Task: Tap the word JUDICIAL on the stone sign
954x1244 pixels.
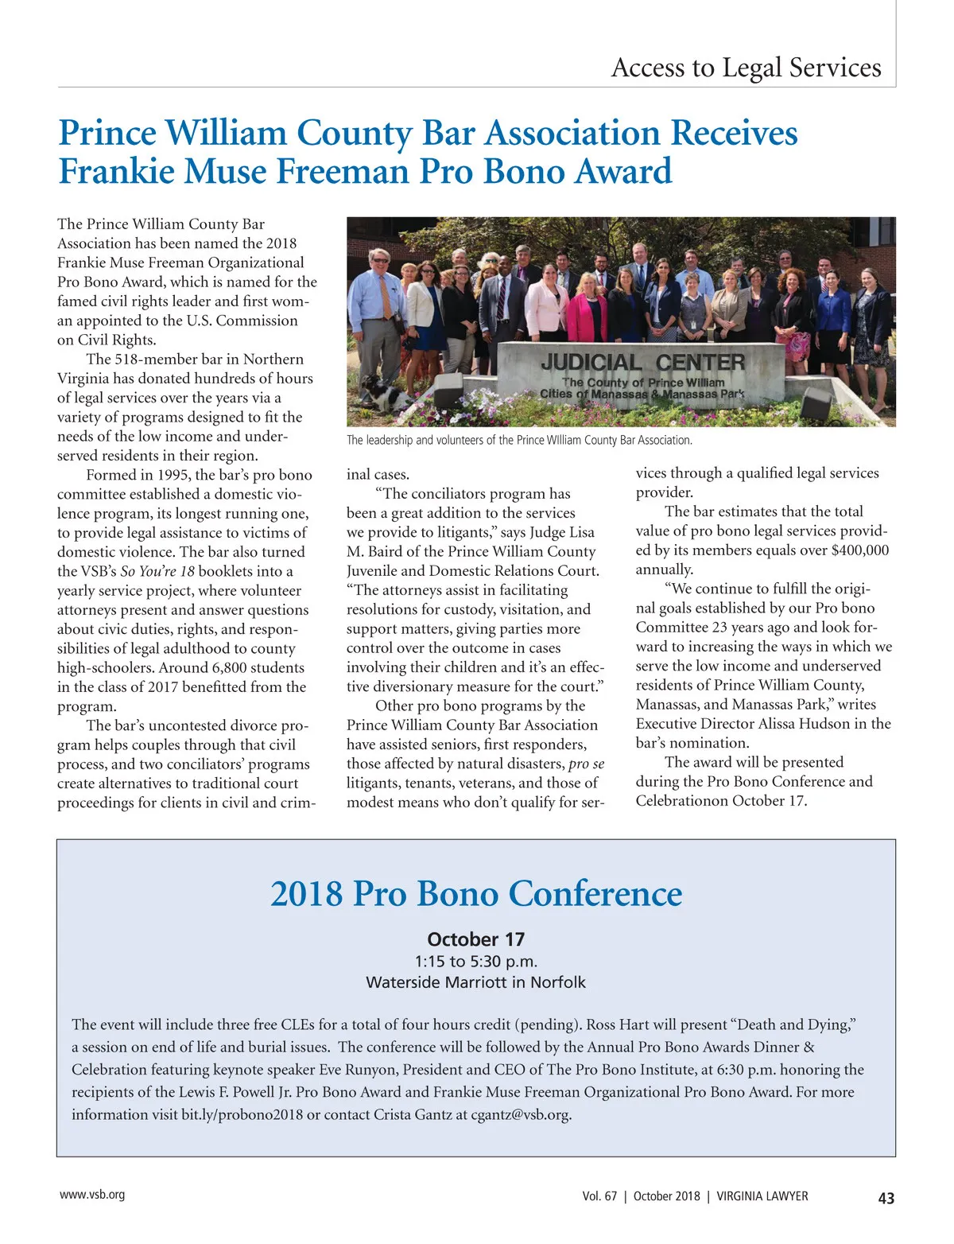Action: (590, 363)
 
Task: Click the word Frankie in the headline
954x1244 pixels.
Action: (110, 172)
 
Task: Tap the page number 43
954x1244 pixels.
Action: (886, 1198)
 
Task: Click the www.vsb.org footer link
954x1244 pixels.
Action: (92, 1195)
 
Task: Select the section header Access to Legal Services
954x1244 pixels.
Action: (746, 68)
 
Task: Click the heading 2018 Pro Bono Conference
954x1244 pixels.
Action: (476, 893)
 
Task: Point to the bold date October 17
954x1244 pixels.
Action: (476, 939)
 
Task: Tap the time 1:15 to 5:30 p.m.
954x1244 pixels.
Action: (476, 961)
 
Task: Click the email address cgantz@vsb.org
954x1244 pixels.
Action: (521, 1114)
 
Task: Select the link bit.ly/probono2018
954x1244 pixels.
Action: (242, 1114)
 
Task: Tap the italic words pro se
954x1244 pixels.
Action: (587, 764)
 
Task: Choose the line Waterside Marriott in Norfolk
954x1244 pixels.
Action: (476, 982)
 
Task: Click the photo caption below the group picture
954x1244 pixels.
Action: (519, 440)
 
